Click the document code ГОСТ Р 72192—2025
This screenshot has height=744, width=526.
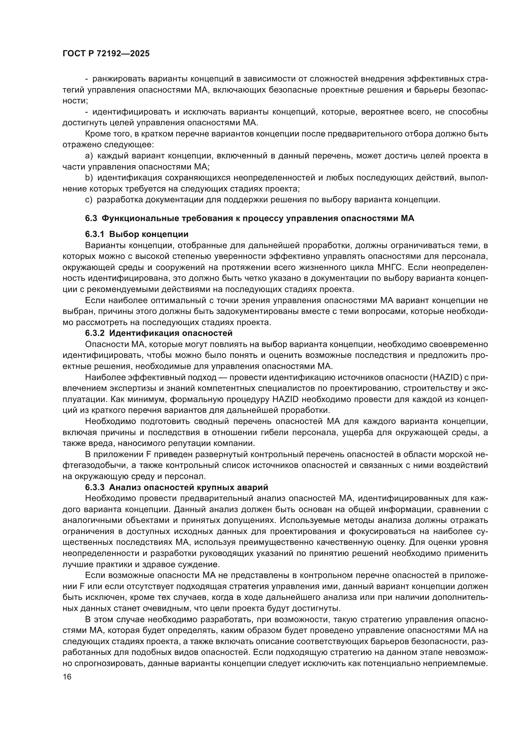point(106,54)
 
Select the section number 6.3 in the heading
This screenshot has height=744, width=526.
point(91,219)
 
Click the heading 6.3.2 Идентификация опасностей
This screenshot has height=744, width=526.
point(159,333)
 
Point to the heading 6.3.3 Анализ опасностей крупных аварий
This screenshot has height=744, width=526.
point(176,487)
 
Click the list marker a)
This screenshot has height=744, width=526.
point(89,156)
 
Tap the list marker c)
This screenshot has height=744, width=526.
point(89,200)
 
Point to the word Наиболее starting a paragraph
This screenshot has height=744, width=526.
point(105,378)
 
